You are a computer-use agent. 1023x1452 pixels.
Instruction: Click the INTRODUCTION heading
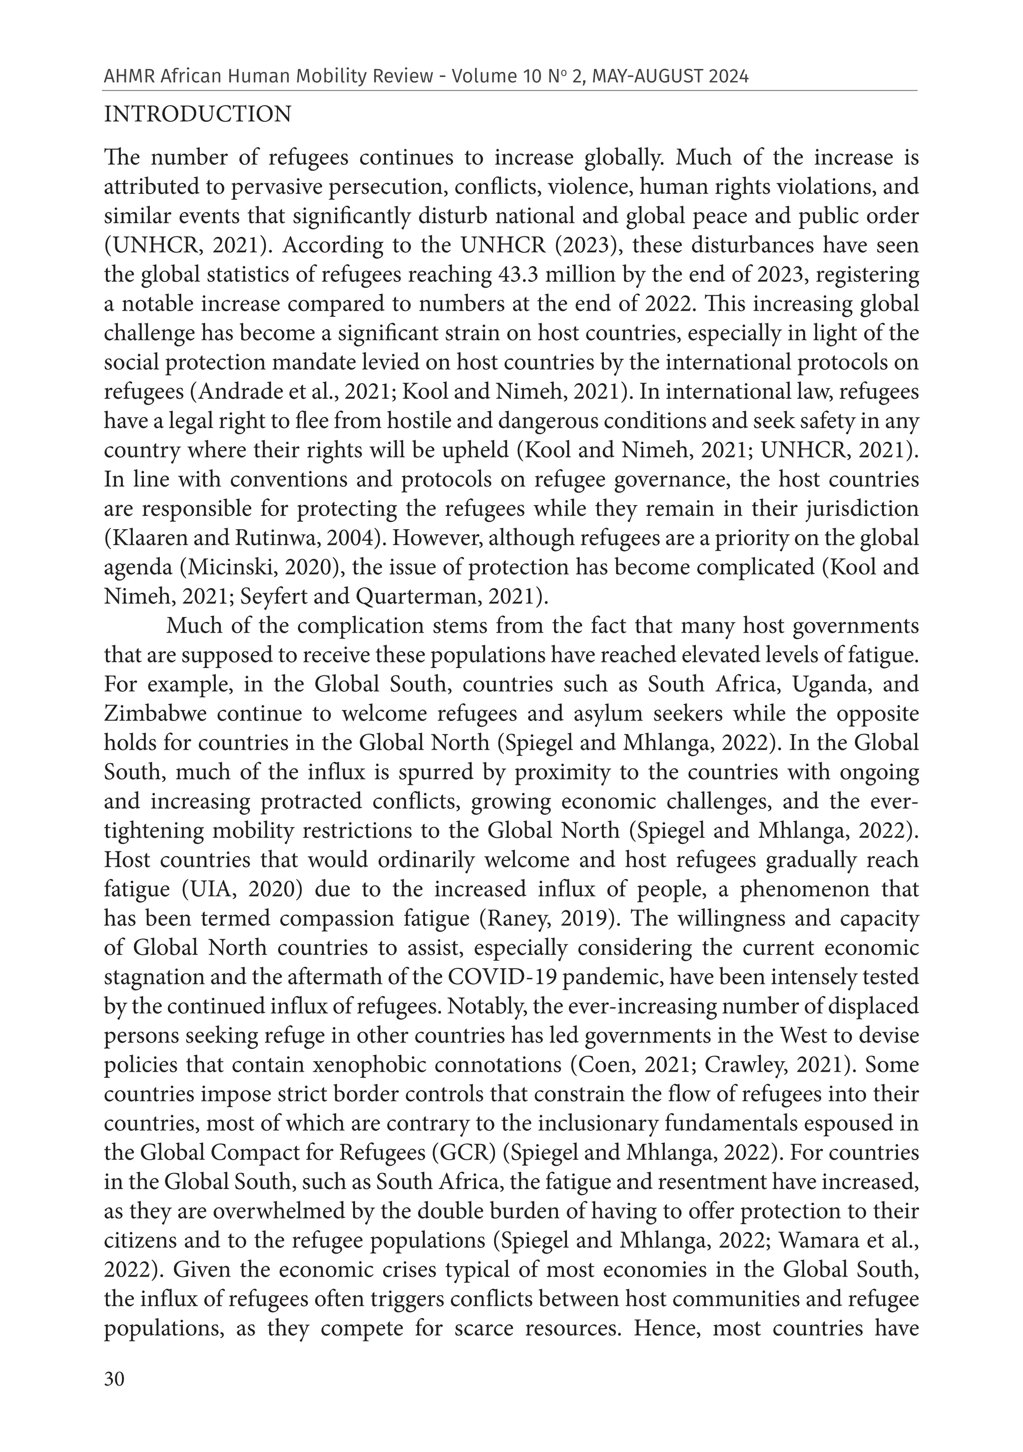(197, 114)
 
